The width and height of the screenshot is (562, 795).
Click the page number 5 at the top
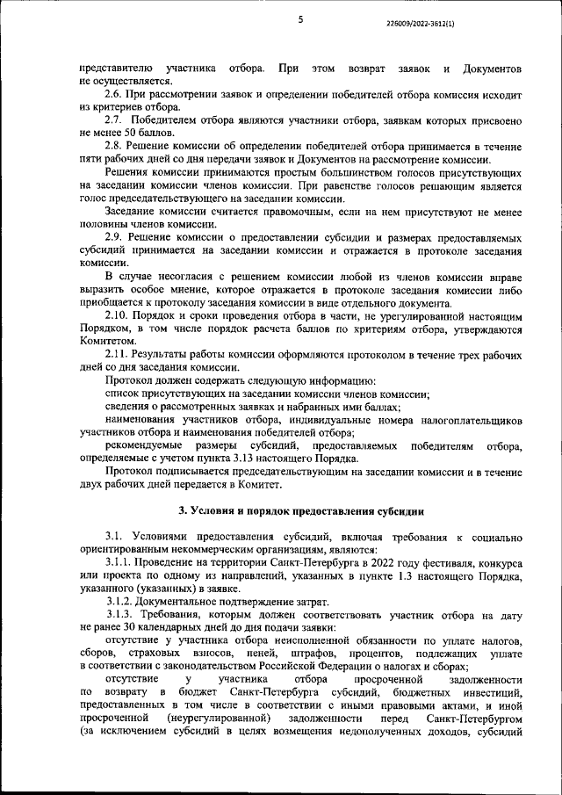(299, 19)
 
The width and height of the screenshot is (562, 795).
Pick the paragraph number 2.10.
(119, 314)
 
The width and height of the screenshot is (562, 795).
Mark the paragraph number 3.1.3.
(122, 618)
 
